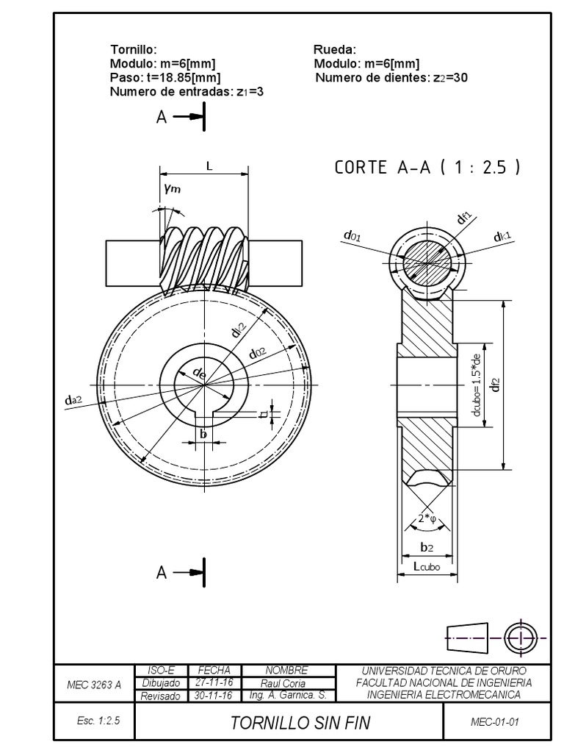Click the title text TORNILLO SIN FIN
point(300,723)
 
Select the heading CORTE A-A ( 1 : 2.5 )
point(427,167)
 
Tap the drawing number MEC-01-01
point(494,722)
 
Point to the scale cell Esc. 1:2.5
point(93,722)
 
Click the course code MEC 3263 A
point(93,684)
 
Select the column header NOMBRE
point(287,671)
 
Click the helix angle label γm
point(172,188)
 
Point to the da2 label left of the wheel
point(73,399)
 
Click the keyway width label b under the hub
point(203,434)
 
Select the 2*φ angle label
point(427,519)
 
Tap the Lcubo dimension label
point(427,566)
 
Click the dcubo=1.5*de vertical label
point(477,385)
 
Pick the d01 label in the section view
point(351,236)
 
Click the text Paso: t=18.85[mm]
point(165,77)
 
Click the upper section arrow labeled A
point(181,116)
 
